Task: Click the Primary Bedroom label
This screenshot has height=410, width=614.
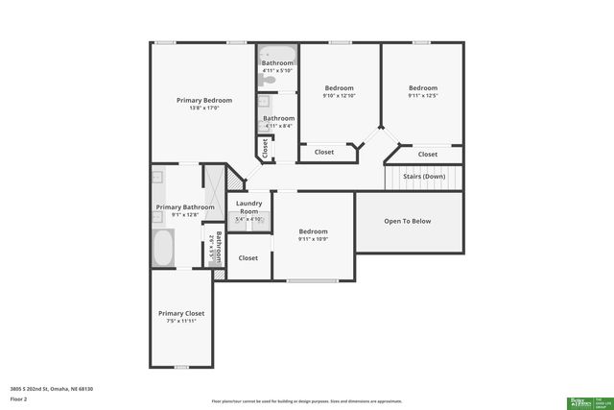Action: (203, 100)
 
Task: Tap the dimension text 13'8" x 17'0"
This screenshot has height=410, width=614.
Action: (203, 109)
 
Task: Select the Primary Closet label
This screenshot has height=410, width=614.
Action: (181, 313)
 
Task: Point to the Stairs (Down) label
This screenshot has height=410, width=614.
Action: (423, 177)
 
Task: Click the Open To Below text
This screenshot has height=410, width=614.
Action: (408, 221)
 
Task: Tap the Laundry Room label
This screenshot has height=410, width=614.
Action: (248, 207)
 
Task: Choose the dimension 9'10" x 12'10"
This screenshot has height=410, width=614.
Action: (339, 96)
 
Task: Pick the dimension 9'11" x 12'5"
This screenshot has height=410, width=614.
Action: (422, 96)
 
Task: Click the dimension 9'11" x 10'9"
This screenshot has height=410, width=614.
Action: (313, 240)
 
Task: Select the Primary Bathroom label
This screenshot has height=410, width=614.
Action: (185, 207)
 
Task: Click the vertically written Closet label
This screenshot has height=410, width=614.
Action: (264, 149)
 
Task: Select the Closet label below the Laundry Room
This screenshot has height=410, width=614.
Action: (248, 257)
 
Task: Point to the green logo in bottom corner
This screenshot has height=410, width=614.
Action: (588, 402)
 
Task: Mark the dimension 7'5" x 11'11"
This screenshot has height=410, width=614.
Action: (181, 322)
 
